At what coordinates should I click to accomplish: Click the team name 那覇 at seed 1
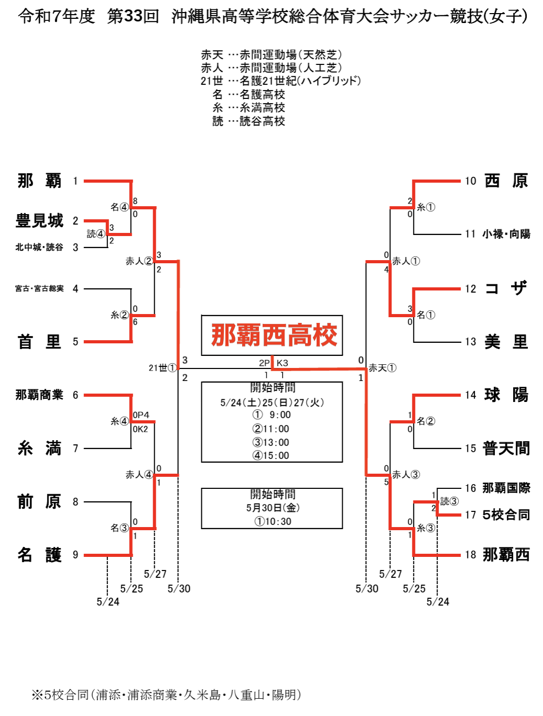click(39, 181)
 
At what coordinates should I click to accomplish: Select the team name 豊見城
click(39, 220)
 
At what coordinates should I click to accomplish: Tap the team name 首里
click(39, 342)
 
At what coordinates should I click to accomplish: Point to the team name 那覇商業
click(39, 395)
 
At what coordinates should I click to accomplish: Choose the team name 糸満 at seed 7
click(39, 448)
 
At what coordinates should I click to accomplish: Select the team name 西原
click(506, 181)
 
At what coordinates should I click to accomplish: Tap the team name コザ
click(506, 288)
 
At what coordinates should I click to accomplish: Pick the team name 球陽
click(506, 395)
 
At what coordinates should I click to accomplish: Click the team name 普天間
click(506, 448)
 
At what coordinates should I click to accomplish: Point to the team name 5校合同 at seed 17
click(506, 514)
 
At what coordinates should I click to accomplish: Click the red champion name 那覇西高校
click(274, 335)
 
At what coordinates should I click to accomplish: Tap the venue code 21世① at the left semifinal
click(162, 368)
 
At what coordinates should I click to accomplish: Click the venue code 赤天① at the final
click(382, 368)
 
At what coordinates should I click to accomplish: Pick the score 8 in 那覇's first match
click(135, 201)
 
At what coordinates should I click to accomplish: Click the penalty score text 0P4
click(141, 415)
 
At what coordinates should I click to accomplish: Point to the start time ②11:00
click(270, 429)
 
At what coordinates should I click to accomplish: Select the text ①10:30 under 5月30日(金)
click(273, 521)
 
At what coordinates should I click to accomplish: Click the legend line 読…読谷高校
click(248, 121)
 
